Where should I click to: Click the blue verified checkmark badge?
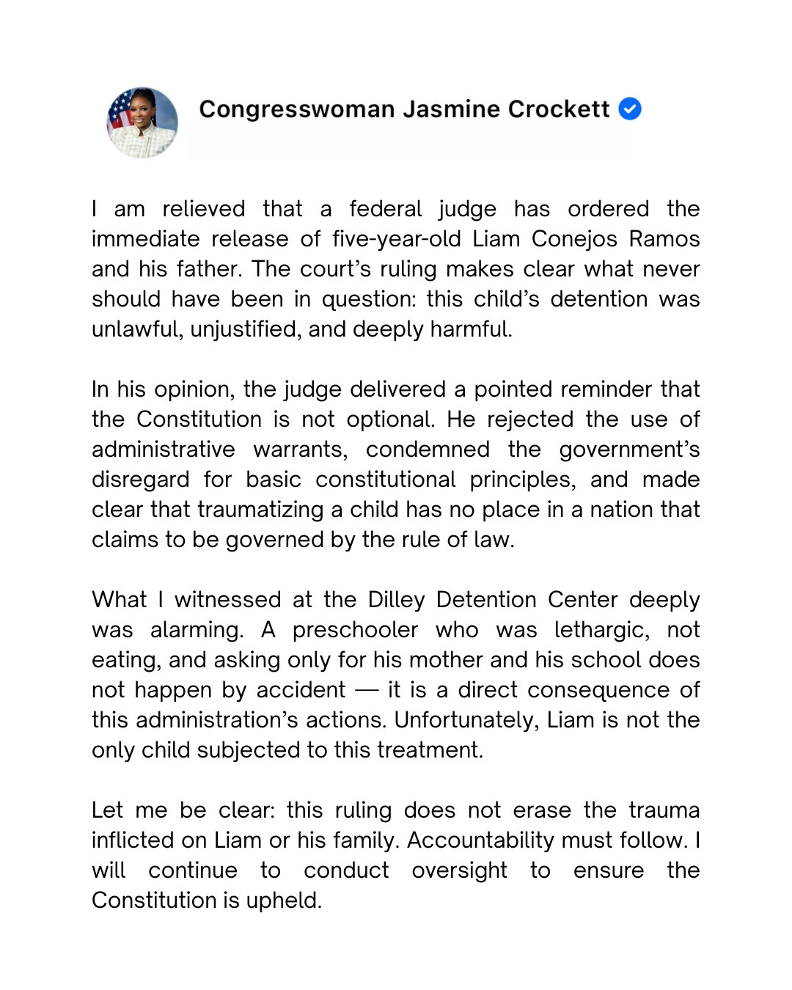(x=630, y=109)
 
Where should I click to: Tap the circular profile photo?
(x=142, y=123)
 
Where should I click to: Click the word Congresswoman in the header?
(x=297, y=109)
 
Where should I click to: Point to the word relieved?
(x=204, y=209)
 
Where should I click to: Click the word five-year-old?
(x=397, y=239)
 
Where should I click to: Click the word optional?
(x=391, y=419)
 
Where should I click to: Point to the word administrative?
(x=164, y=450)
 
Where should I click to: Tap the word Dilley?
(x=396, y=600)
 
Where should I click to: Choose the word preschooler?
(x=355, y=630)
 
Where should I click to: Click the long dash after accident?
(x=366, y=691)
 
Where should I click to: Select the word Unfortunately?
(x=466, y=720)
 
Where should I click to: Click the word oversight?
(x=459, y=870)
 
